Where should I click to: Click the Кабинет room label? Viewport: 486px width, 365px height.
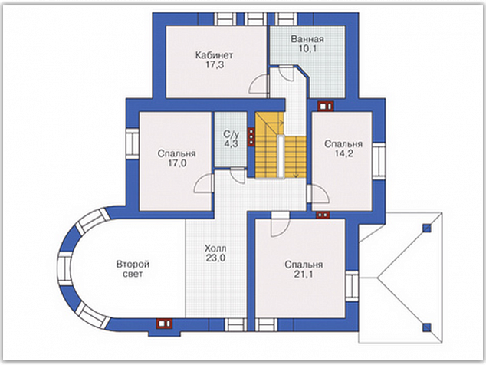coord(214,55)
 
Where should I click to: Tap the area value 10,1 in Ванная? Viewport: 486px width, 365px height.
coord(307,48)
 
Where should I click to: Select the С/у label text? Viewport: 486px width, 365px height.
coord(232,135)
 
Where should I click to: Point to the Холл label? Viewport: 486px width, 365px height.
coord(215,248)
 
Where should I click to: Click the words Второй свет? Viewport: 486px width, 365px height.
coord(133,269)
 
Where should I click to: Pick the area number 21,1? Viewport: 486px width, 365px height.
coord(304,275)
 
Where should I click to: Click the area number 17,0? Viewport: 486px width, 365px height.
coord(177,163)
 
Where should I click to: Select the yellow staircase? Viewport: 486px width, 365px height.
coord(281,145)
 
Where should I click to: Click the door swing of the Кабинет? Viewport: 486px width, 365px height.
coord(258,84)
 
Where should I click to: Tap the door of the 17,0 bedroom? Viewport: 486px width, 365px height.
coord(204,183)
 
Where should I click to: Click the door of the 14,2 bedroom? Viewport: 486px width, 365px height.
coord(318,193)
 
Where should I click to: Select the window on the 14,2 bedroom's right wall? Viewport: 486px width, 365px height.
coord(379,161)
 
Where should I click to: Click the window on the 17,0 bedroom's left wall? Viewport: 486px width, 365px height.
coord(133,143)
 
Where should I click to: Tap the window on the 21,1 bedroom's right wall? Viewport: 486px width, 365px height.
coord(352,286)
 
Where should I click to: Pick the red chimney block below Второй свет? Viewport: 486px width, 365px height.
coord(165,324)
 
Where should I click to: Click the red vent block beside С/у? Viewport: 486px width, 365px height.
coord(251,136)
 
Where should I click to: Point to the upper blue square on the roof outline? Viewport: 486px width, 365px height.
coord(427,228)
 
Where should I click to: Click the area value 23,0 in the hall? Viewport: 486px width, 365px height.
coord(215,258)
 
